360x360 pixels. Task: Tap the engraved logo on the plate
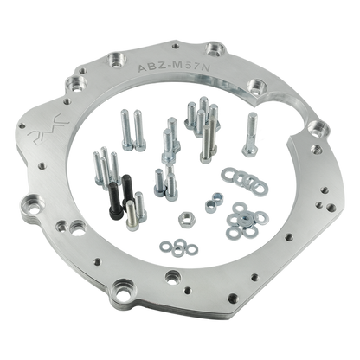tap(48, 127)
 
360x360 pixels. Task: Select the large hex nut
tap(187, 220)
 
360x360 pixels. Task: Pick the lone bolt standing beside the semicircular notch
tap(250, 134)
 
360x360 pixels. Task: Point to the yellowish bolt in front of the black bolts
tap(132, 215)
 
